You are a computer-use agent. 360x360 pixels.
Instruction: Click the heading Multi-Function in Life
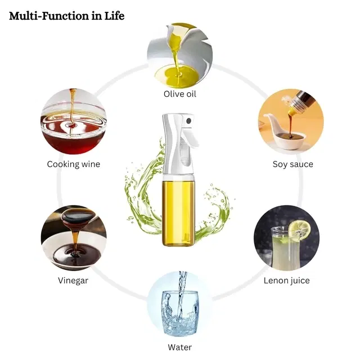pos(67,16)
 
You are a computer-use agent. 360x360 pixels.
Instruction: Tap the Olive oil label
pos(180,94)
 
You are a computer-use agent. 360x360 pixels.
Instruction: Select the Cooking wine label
pos(74,164)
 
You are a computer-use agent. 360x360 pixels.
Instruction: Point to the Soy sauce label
pos(292,164)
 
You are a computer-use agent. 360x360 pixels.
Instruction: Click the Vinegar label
pos(73,281)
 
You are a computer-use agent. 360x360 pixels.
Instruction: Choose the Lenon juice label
pos(286,281)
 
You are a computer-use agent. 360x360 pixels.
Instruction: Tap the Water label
pos(180,347)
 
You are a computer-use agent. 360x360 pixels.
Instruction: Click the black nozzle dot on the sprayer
pos(189,121)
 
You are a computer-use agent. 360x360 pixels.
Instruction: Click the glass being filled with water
pos(180,313)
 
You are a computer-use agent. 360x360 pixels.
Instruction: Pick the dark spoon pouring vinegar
pos(78,217)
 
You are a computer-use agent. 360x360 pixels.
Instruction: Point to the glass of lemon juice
pos(283,248)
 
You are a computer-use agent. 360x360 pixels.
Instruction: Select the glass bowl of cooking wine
pos(74,129)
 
